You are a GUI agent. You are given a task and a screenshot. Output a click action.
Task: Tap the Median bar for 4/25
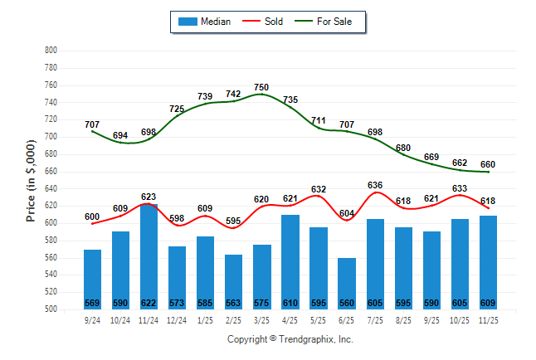[x=290, y=262]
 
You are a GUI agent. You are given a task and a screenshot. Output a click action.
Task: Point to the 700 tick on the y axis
[x=51, y=137]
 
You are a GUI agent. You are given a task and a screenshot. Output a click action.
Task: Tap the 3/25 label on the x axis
[x=261, y=320]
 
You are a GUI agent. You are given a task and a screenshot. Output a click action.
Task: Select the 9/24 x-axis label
[x=92, y=320]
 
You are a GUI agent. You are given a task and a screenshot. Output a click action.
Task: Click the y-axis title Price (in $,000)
[x=31, y=180]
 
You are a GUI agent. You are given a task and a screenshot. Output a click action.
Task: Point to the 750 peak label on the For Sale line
[x=261, y=87]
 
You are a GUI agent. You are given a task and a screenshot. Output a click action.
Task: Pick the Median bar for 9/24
[x=92, y=280]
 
